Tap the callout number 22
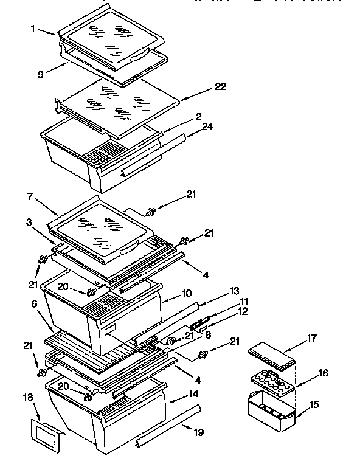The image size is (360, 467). pos(220,87)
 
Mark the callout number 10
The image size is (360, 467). pos(185,294)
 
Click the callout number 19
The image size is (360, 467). pos(198,433)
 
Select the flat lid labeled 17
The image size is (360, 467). pos(271,355)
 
